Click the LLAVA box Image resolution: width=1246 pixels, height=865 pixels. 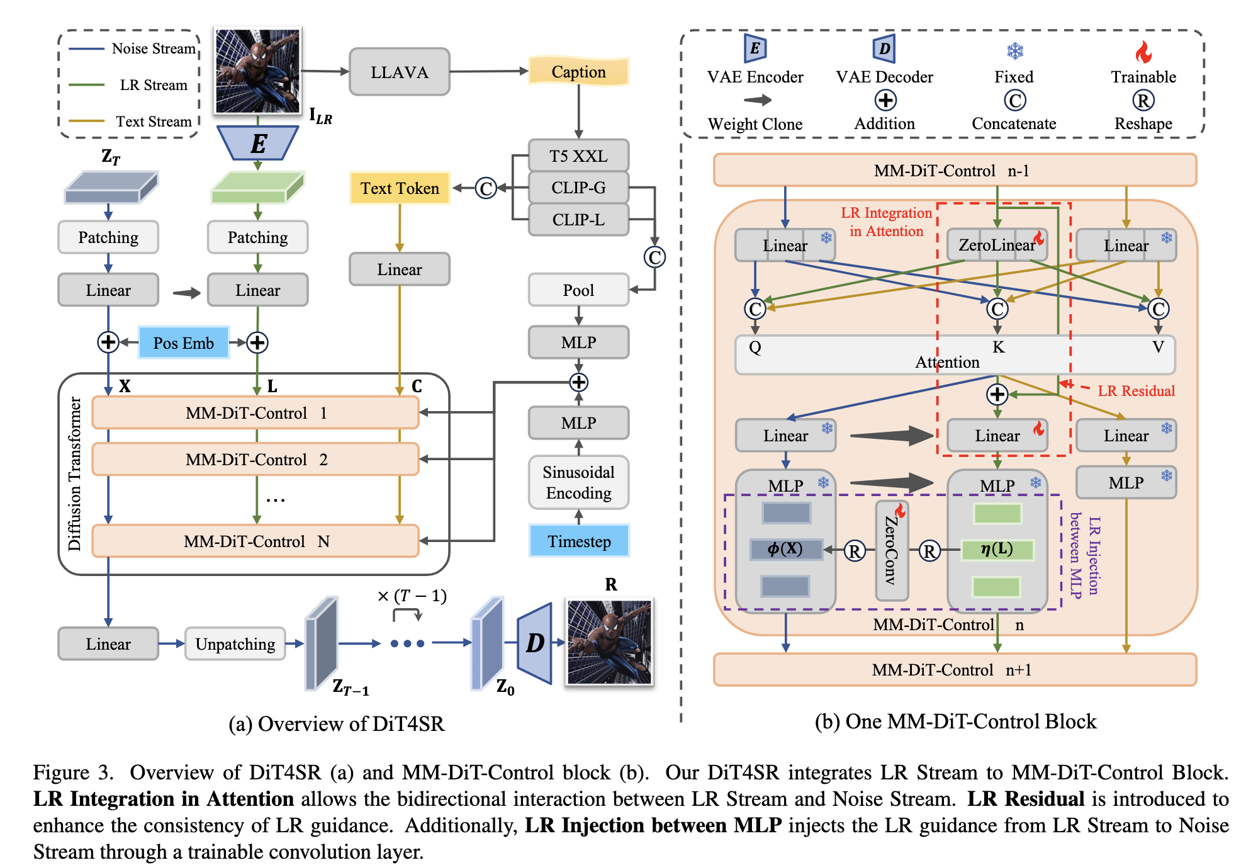[x=399, y=72]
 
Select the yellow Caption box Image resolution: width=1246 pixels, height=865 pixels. [x=578, y=72]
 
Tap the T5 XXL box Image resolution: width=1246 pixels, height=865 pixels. [x=578, y=155]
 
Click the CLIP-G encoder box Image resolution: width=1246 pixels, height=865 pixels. [x=578, y=188]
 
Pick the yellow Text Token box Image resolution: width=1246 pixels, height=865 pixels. [x=400, y=188]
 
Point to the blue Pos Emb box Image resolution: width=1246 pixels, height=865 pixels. [x=183, y=343]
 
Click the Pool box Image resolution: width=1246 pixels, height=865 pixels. [x=578, y=290]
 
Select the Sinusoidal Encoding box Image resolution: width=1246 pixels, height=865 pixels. [x=578, y=482]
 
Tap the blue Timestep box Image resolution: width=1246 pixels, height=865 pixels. [x=579, y=541]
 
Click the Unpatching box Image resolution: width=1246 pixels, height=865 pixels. [x=235, y=644]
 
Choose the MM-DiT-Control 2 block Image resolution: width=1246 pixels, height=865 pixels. [x=255, y=460]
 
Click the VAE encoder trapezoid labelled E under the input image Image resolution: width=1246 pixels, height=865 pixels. [x=257, y=144]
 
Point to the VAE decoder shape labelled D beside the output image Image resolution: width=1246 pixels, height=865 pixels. [x=535, y=643]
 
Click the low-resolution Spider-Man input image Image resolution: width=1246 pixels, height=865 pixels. [x=257, y=71]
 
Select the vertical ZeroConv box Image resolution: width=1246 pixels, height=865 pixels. [x=892, y=551]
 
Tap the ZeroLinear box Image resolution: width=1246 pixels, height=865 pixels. [x=997, y=245]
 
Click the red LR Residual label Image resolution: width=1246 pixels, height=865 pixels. [x=1136, y=391]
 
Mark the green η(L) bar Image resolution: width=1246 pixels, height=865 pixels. [x=997, y=550]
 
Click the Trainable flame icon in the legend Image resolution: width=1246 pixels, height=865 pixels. [x=1143, y=52]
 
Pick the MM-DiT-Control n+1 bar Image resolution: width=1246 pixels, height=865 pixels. [x=955, y=670]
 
